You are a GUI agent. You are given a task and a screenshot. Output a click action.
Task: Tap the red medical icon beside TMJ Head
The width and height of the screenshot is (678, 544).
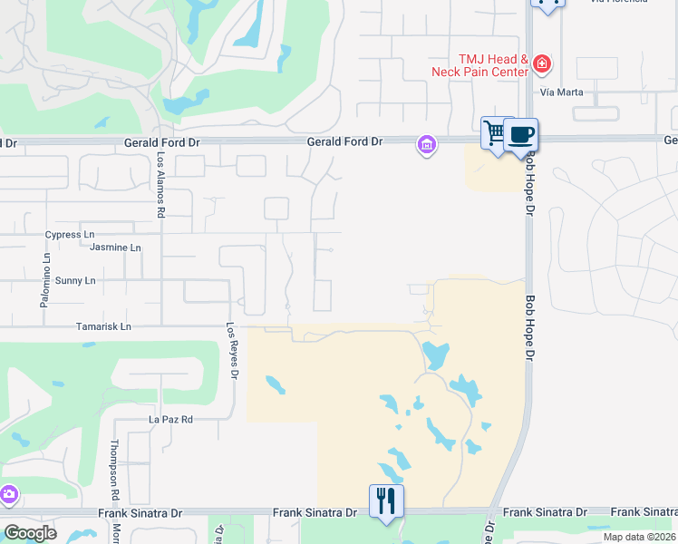tap(542, 63)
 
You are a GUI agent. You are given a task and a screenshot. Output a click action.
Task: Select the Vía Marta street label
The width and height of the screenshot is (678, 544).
tap(560, 92)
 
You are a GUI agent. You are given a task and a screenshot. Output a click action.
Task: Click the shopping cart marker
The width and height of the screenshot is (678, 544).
tap(495, 134)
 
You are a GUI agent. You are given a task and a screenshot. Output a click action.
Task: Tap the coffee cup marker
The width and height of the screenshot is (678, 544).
tap(520, 136)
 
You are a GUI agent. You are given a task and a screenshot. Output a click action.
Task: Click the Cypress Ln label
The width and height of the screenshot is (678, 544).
tap(70, 234)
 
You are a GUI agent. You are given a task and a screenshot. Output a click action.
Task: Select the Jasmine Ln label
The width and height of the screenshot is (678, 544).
tap(116, 248)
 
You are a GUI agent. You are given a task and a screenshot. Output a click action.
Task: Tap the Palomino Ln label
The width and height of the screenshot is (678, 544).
tap(44, 281)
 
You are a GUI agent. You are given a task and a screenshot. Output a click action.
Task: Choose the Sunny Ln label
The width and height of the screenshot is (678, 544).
tap(75, 281)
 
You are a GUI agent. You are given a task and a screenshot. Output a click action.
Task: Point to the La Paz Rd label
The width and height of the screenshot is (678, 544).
tap(171, 420)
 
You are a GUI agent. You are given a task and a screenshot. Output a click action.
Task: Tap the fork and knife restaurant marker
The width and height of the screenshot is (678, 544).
tap(386, 500)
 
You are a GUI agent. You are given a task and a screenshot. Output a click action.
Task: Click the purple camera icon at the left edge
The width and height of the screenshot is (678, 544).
tap(8, 495)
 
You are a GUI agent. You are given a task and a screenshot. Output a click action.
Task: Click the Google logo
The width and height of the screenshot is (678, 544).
tap(30, 533)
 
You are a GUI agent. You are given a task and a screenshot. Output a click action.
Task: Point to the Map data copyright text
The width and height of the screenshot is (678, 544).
tap(639, 537)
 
